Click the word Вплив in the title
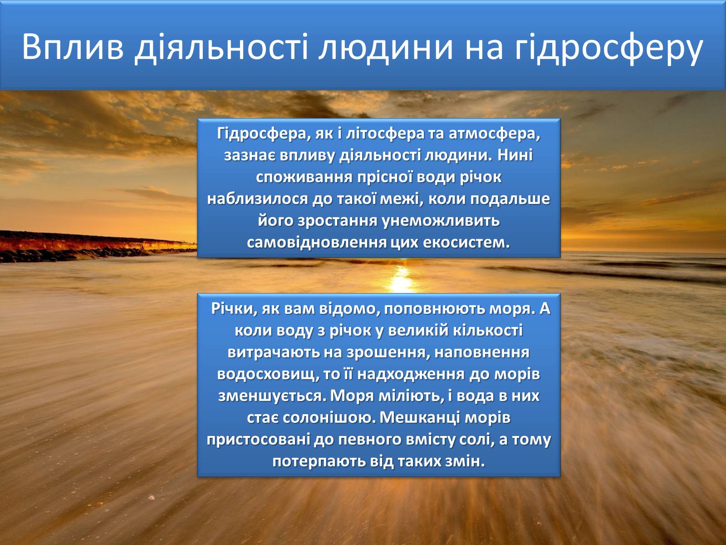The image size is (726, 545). pos(73,47)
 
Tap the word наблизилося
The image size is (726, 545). pos(257,199)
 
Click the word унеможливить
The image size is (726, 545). pos(441,221)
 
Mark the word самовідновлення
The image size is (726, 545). pos(316,243)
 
